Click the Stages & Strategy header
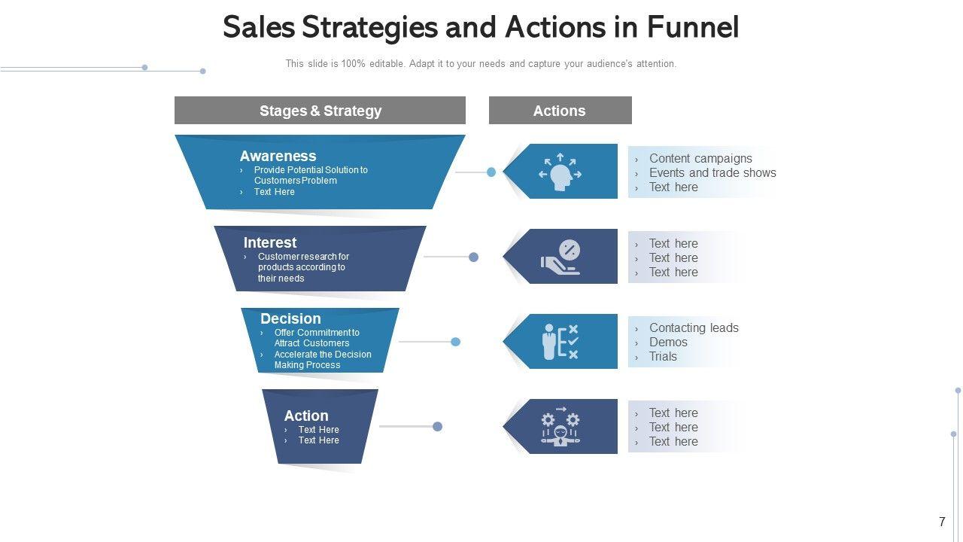tap(320, 111)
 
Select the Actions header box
tap(560, 111)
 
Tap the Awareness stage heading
tap(278, 156)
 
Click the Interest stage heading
tap(270, 242)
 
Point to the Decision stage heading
tap(290, 318)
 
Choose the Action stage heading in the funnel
tap(306, 416)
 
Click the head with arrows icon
tap(559, 172)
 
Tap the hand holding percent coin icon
tap(560, 257)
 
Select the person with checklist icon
tap(560, 342)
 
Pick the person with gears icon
tap(560, 427)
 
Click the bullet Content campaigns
tap(700, 158)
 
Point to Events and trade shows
tap(712, 172)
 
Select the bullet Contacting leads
tap(694, 327)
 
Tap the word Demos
tap(668, 342)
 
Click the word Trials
tap(663, 356)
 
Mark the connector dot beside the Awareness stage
tap(491, 172)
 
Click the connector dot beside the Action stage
tap(437, 427)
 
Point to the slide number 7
tap(942, 522)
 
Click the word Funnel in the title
tap(692, 27)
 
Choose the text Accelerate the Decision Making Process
tap(322, 360)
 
